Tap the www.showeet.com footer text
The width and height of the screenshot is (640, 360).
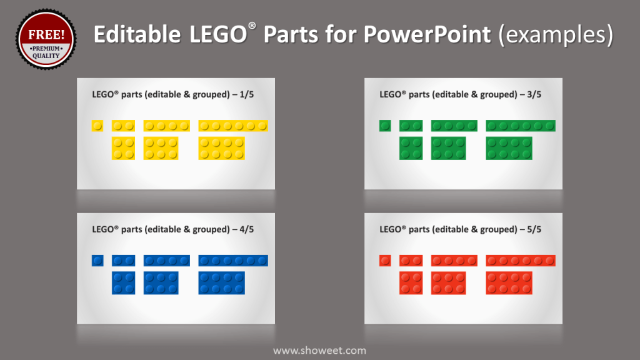click(x=319, y=351)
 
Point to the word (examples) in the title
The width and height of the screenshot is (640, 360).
click(x=556, y=35)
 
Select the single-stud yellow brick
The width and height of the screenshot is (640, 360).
click(x=97, y=126)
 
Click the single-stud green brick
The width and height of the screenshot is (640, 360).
click(x=385, y=126)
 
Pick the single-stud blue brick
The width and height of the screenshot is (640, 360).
click(x=97, y=261)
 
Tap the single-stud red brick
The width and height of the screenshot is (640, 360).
click(x=385, y=261)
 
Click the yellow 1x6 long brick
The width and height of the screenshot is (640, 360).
click(x=233, y=126)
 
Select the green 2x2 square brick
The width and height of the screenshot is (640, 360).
click(x=411, y=148)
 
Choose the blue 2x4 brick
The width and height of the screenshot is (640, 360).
click(x=221, y=283)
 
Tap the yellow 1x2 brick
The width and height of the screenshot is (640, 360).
click(x=123, y=126)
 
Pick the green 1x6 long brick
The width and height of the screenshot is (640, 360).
click(x=521, y=126)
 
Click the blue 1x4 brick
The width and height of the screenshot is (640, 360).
click(x=166, y=261)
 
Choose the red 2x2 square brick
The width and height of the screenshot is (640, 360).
click(x=411, y=283)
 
